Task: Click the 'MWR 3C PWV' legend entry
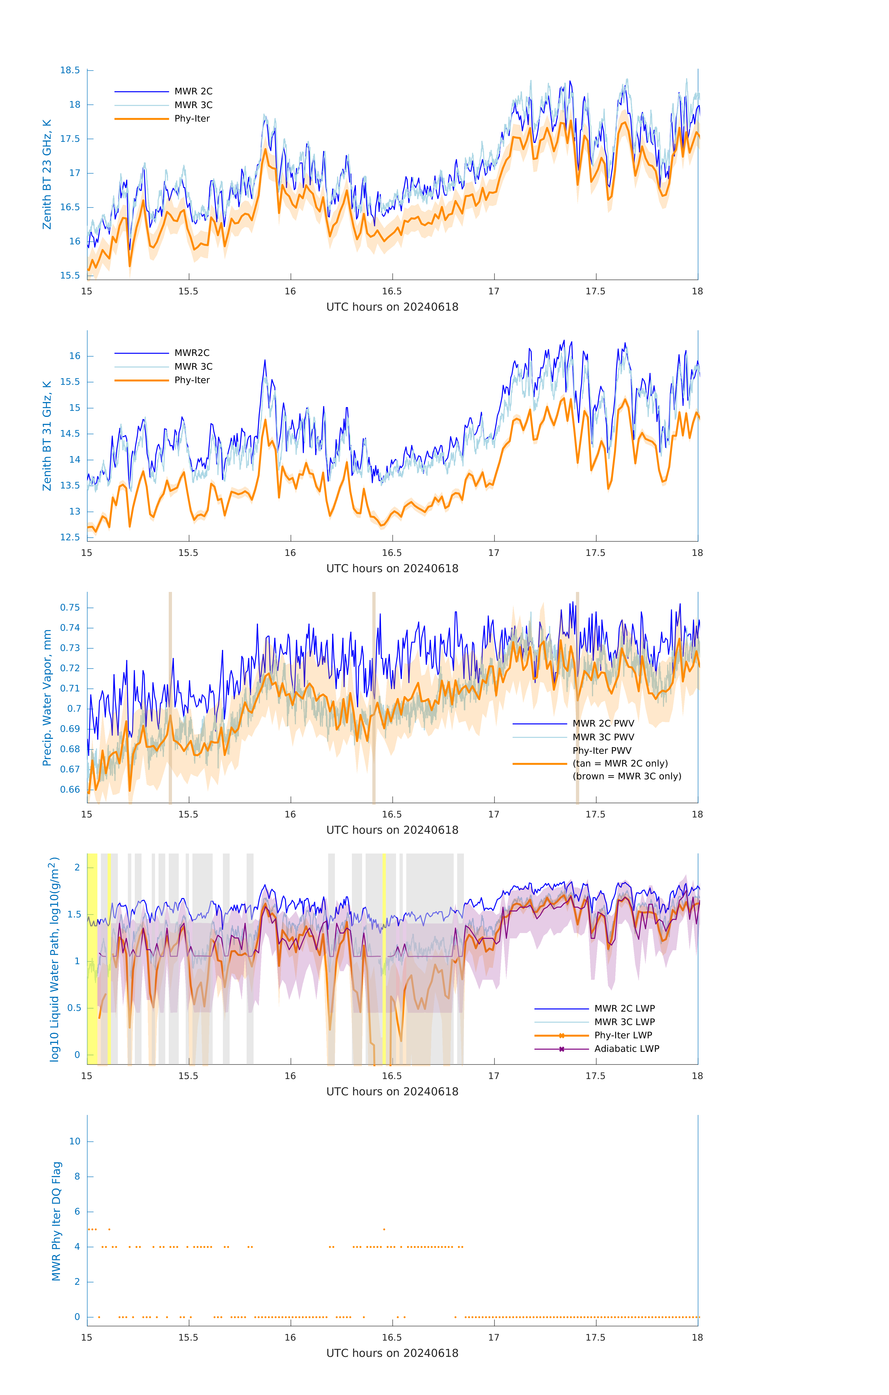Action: [603, 737]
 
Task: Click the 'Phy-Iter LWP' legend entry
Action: [623, 1035]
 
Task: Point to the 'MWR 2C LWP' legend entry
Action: [624, 1009]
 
